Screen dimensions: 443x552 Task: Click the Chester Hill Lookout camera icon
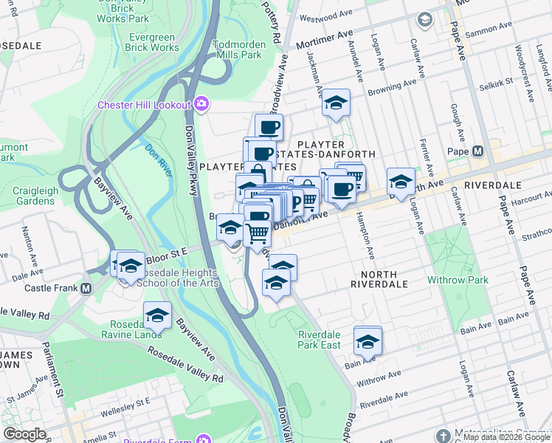200,105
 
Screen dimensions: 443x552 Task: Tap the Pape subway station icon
477,151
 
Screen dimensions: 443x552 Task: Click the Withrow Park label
458,281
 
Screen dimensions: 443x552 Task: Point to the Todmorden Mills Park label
238,49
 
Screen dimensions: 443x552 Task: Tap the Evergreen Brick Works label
153,42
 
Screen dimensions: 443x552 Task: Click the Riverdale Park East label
319,340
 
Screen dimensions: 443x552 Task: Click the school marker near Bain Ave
368,340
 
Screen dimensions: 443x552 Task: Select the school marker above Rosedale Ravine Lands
157,315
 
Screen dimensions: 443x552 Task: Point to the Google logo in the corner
24,434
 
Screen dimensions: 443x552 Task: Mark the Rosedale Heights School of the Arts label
174,278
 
